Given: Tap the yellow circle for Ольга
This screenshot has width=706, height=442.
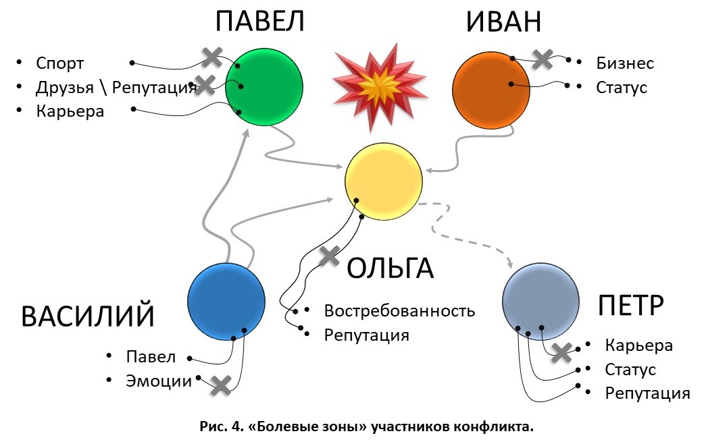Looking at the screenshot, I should coord(383,181).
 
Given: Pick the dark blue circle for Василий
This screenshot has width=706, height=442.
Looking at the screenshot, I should coord(225,301).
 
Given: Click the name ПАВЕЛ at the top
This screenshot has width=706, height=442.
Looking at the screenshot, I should coord(260,22).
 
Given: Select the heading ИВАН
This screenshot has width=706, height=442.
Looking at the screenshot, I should coord(503,22).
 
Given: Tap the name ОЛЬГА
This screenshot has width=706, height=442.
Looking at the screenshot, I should coord(390,269).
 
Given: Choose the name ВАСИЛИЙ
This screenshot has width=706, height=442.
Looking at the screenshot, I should coord(88,316).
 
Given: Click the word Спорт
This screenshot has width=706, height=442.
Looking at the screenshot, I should coord(60,63).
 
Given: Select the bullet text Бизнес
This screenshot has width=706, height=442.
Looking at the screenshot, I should coord(625,63).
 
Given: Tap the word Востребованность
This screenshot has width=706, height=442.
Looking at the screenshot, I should coord(399,311).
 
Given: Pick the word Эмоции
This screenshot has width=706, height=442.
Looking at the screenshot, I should coord(159,381).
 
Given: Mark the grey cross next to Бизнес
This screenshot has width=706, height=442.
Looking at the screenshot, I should coord(542,58).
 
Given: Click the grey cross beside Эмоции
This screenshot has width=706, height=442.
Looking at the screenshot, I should coord(220,385).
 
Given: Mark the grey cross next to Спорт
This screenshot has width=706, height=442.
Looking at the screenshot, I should coord(212,57).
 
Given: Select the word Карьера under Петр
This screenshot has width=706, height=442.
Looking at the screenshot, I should coord(638,346).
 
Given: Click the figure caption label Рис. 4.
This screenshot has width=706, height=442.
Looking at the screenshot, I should coord(219,426).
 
